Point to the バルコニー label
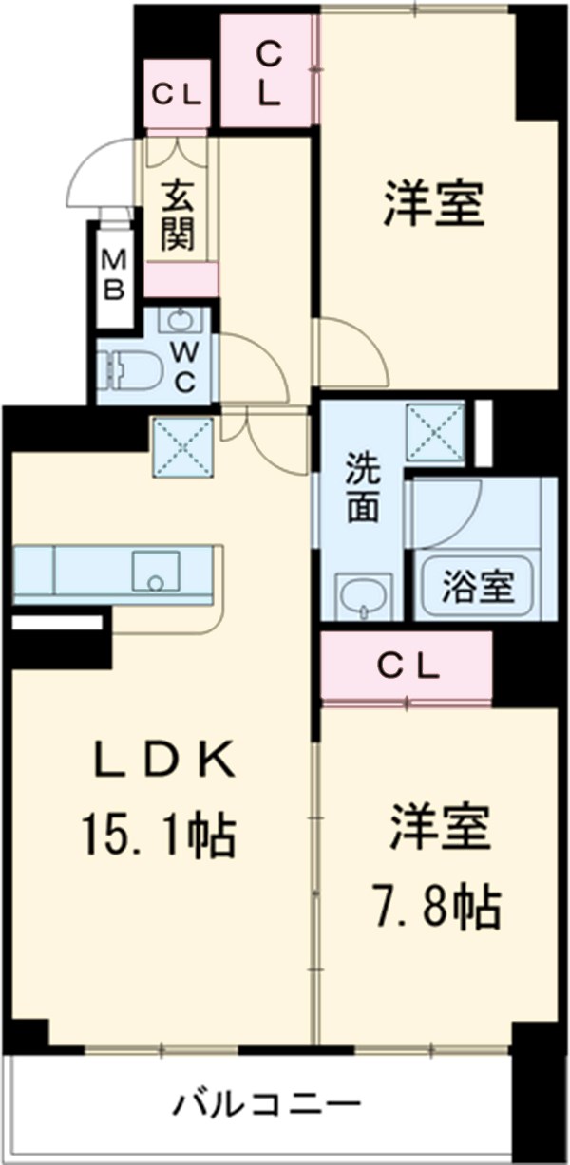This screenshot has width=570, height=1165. tap(267, 1104)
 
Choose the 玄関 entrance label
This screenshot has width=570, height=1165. tap(178, 217)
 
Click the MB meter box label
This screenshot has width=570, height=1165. tap(114, 274)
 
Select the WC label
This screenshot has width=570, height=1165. tap(185, 367)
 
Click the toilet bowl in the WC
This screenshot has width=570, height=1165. tap(128, 371)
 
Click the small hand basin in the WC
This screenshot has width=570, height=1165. tap(180, 320)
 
